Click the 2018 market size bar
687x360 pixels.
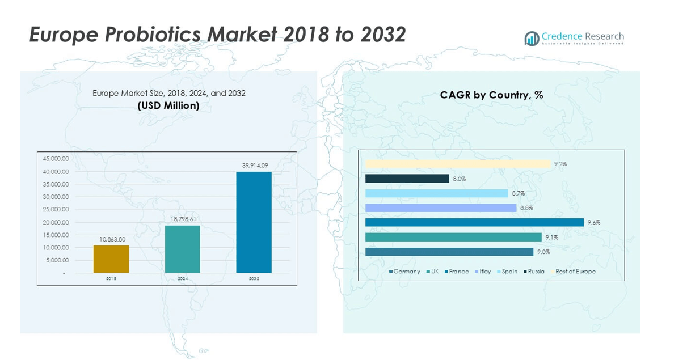click(111, 259)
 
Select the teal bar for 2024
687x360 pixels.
click(182, 249)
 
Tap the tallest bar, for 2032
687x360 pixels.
click(254, 222)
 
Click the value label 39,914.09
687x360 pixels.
click(254, 166)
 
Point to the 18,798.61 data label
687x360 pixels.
click(182, 219)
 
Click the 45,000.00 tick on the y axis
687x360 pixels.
click(56, 159)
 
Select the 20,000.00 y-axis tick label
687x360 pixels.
click(56, 222)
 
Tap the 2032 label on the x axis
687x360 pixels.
click(254, 279)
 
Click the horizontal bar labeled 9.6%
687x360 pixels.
click(474, 222)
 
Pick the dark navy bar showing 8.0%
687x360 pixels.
click(407, 179)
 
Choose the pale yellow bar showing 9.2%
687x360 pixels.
click(458, 164)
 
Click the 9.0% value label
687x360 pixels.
click(543, 252)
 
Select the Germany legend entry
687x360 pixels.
click(404, 272)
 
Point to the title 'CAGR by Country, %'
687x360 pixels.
click(491, 95)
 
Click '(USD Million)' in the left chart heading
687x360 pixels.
click(168, 106)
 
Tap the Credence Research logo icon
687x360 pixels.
click(532, 39)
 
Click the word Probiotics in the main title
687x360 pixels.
click(155, 35)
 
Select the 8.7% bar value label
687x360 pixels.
click(518, 193)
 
